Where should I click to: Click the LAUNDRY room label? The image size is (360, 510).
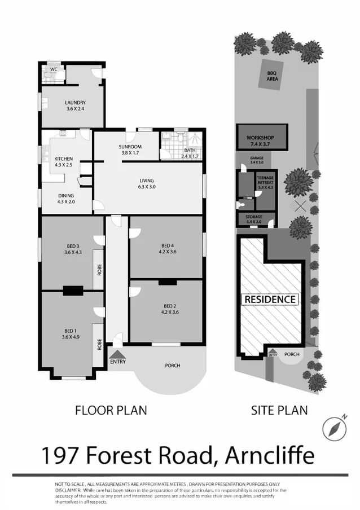(x=75, y=102)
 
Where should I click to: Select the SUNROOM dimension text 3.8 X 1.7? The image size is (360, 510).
(x=130, y=153)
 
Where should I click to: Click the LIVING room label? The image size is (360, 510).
(x=146, y=181)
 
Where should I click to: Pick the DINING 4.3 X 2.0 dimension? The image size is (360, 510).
(x=65, y=201)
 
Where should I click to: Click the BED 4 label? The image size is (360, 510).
(x=167, y=245)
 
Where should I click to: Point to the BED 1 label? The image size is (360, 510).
(x=70, y=331)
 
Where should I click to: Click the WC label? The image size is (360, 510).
(x=54, y=69)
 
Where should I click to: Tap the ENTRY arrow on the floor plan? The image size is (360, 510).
(x=117, y=354)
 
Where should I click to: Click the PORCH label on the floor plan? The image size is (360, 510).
(x=173, y=366)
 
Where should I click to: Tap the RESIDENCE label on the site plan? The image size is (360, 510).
(x=270, y=299)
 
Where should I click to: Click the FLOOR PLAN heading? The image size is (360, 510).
(x=111, y=410)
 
